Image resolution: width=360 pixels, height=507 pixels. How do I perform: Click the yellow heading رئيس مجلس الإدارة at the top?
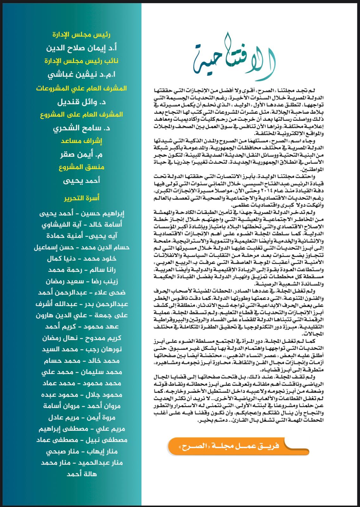[81, 35]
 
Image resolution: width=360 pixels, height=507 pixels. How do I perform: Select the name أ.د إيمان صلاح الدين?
[81, 48]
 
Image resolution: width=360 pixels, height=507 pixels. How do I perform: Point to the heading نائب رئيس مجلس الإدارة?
[81, 61]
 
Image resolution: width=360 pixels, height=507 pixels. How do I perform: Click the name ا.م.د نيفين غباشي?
[81, 74]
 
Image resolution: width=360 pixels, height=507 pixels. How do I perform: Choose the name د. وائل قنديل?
[81, 102]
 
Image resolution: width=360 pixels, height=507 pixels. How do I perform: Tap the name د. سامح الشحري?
[81, 128]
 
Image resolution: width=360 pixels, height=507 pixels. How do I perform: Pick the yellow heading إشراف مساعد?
[81, 141]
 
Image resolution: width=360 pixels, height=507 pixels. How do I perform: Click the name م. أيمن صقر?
[81, 154]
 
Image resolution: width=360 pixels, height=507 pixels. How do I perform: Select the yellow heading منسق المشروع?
[81, 167]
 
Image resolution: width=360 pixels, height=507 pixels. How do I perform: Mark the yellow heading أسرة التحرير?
[81, 198]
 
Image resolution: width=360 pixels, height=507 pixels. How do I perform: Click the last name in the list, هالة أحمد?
[81, 474]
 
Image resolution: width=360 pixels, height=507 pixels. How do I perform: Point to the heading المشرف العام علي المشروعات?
[81, 88]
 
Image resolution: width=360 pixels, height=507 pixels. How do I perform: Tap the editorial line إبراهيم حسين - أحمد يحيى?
[81, 213]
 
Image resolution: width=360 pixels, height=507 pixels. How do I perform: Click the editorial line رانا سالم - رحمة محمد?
[81, 270]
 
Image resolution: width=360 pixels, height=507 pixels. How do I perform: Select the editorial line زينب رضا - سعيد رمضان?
[81, 281]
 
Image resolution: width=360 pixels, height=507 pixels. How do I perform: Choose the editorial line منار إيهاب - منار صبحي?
[81, 451]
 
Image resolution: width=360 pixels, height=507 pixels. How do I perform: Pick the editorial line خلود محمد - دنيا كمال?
[81, 259]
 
